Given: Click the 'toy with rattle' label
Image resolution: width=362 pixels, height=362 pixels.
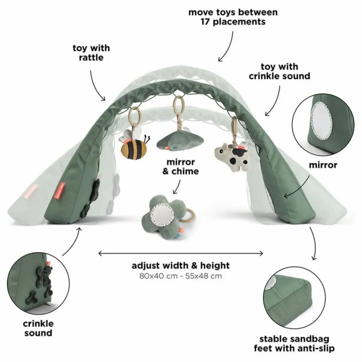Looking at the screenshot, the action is [91, 53].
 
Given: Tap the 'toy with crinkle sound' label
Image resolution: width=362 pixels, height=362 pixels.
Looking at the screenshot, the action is [279, 71].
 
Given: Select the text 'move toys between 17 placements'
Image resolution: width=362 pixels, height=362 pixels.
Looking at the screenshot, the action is [233, 17].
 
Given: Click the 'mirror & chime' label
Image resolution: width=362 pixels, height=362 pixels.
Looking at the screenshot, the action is [181, 167].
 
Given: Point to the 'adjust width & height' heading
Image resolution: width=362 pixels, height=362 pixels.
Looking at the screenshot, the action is [181, 265].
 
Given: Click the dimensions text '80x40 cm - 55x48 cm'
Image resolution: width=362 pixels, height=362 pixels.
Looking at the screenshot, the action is [181, 276].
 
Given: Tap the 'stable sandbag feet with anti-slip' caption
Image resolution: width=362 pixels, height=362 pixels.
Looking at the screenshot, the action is [294, 344].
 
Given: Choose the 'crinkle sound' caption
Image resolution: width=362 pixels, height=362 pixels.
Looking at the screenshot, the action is [38, 328].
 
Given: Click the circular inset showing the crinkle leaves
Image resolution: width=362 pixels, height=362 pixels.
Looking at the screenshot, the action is [38, 284].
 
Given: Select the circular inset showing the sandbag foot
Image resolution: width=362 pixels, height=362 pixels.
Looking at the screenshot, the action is [294, 298].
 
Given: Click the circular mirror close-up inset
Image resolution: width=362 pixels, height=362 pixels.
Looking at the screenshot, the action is [323, 125].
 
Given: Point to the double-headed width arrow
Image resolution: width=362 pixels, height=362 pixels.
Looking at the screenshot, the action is [181, 253].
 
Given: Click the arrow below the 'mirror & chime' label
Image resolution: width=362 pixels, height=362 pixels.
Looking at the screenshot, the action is [177, 187].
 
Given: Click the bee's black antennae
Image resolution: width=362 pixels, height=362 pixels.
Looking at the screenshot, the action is [147, 139].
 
